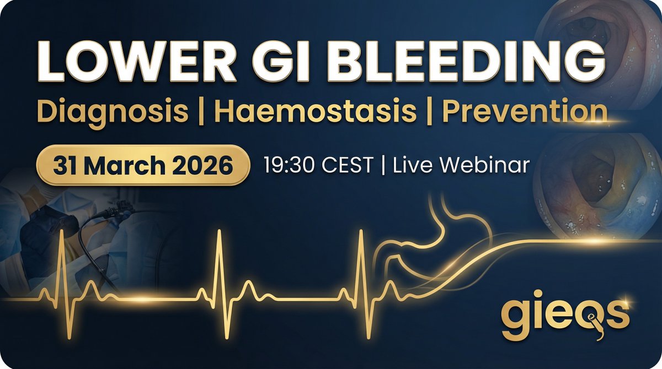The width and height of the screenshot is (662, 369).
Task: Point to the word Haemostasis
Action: [x=315, y=112]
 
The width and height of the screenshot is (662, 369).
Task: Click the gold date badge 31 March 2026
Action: [x=142, y=165]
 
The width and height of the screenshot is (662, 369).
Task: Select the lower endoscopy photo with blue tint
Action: [x=599, y=184]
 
